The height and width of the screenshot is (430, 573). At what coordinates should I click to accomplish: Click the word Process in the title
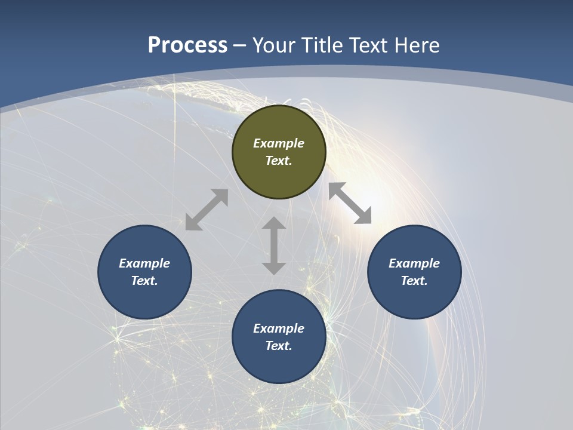(187, 45)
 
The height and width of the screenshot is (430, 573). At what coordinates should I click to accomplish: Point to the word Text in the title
(370, 45)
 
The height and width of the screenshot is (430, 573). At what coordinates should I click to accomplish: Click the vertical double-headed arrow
(274, 245)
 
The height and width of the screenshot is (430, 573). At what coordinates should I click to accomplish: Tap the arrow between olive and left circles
(207, 210)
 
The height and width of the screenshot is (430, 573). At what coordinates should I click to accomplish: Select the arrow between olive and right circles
(350, 203)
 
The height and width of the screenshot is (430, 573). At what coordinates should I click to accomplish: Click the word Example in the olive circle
(279, 143)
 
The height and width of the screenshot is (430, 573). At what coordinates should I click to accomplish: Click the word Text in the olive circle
(279, 161)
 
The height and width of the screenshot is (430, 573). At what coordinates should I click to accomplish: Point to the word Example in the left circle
(144, 263)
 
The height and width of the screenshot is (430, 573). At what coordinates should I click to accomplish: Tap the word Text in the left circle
(144, 281)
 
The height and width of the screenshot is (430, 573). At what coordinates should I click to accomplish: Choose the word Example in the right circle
(414, 263)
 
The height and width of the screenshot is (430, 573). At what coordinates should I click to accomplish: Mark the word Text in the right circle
(414, 281)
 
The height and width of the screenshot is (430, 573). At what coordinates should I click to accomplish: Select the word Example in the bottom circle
(279, 328)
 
